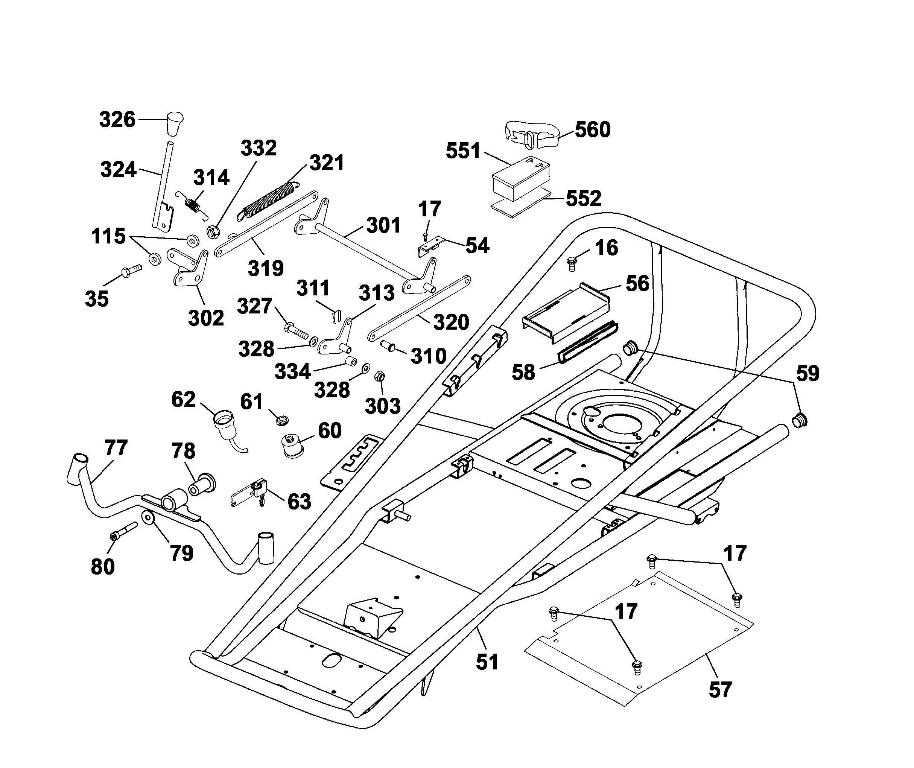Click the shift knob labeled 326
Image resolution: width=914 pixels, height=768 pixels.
point(175,124)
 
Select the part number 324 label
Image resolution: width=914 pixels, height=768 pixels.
point(118,169)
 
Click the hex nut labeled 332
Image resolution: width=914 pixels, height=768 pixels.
point(213,232)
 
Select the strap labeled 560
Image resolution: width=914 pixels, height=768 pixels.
point(531,135)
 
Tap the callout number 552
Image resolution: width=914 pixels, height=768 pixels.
point(584,199)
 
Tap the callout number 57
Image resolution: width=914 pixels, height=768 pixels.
point(720,690)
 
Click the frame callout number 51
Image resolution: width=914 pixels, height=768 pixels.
point(487,662)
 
